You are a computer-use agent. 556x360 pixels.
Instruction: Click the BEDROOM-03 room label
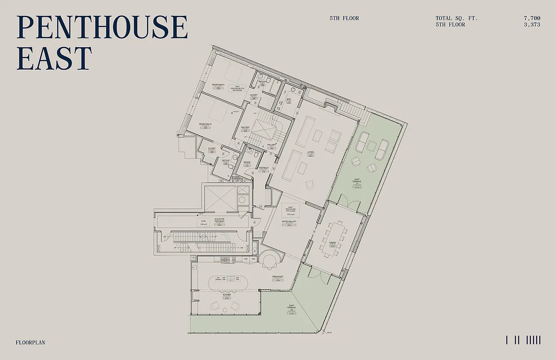218,85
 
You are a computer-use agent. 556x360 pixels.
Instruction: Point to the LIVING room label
310,152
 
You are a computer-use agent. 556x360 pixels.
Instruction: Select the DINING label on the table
332,243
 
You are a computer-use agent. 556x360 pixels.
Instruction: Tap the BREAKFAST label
278,277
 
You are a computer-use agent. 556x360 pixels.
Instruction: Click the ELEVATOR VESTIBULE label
219,220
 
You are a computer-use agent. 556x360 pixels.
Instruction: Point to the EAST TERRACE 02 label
292,308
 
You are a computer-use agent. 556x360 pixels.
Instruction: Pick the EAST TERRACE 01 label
357,182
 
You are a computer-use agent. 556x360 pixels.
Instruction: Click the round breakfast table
271,261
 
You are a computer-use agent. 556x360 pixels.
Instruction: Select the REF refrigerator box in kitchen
253,259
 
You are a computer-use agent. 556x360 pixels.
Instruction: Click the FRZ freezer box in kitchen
246,259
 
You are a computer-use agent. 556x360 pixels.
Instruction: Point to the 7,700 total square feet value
532,18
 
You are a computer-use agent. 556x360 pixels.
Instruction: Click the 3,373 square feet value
532,25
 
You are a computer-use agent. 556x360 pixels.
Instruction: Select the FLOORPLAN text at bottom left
31,342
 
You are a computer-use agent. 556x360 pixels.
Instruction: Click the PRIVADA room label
247,162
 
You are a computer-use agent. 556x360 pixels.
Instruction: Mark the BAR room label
289,99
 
